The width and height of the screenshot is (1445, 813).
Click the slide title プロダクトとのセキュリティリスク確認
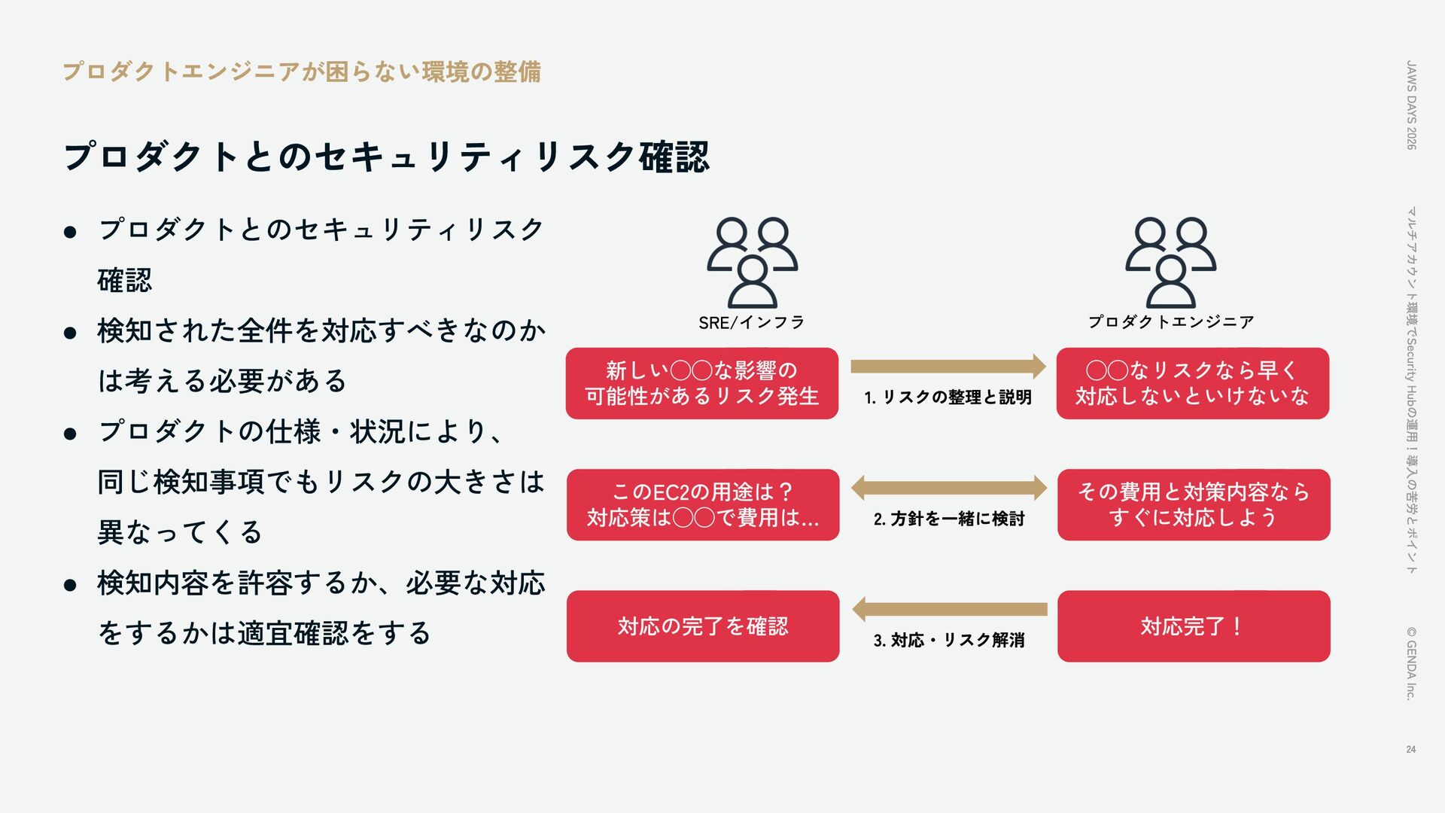point(386,157)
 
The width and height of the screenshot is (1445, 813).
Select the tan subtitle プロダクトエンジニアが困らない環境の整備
point(301,72)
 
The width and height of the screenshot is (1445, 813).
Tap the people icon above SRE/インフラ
point(752,261)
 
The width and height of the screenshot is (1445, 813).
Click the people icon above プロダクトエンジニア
point(1170,261)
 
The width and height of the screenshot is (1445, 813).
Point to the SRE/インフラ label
point(751,323)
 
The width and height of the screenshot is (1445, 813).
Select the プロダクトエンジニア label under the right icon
point(1170,322)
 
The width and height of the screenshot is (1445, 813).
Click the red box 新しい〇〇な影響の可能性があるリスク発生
point(702,383)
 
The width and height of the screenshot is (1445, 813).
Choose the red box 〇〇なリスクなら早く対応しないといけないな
point(1192,383)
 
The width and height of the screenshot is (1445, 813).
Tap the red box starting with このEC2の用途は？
point(703,504)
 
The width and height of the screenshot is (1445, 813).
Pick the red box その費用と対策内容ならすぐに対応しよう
point(1193,504)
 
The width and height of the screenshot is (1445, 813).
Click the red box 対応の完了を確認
point(703,626)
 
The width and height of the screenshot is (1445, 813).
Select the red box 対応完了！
point(1193,626)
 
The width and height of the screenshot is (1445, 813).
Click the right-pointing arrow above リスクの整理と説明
point(948,367)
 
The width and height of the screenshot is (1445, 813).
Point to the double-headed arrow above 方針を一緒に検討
point(948,488)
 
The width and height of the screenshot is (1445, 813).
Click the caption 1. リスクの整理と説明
point(948,397)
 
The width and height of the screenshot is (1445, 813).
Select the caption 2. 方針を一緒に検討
point(948,519)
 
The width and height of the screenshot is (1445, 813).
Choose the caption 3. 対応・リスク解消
point(948,641)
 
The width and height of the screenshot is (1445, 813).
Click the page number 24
point(1410,749)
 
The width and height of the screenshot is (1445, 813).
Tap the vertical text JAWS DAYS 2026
point(1411,105)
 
